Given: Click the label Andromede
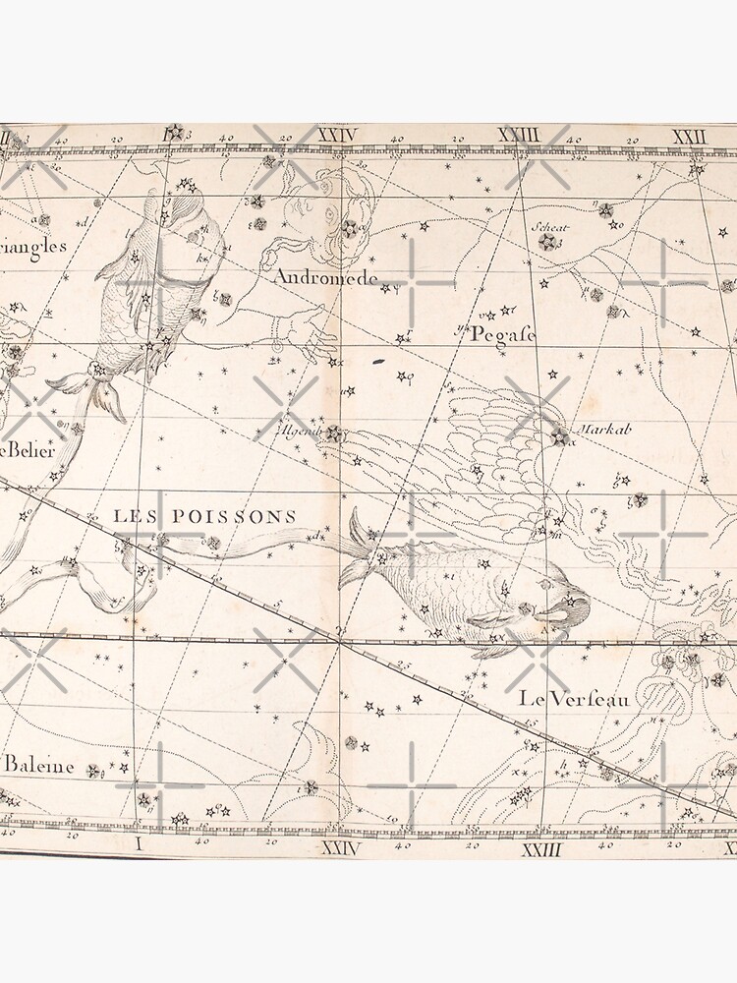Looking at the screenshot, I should click(325, 278).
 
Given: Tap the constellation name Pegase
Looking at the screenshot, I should click(502, 335).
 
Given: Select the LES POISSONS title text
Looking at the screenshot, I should click(204, 516).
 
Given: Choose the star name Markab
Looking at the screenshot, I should click(596, 430).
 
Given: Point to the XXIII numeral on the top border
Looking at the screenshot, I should click(518, 135).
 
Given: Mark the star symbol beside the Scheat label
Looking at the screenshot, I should click(548, 242).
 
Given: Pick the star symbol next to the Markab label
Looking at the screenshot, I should click(559, 435).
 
